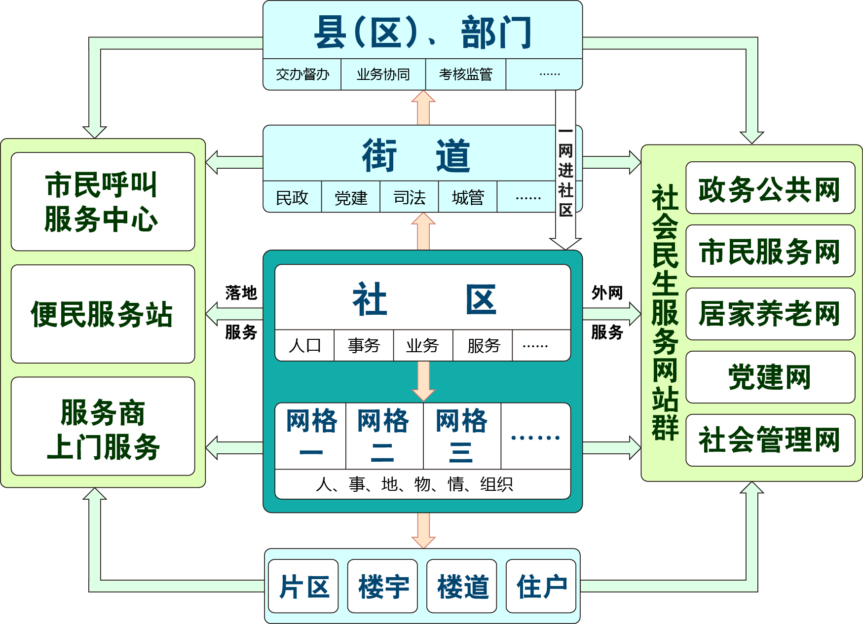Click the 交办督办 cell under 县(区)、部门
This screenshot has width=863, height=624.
tap(302, 74)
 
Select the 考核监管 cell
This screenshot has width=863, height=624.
tap(465, 74)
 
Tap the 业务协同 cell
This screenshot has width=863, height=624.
tap(383, 74)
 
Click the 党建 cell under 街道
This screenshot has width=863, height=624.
tap(351, 197)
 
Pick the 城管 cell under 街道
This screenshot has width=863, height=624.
tap(468, 197)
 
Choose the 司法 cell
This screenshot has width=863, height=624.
tap(409, 197)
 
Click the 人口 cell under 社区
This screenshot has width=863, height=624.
tap(304, 345)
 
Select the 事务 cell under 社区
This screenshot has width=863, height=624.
tap(364, 345)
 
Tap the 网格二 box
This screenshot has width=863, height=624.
tap(384, 436)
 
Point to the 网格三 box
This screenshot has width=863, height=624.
tap(462, 436)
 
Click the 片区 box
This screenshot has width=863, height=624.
tap(303, 587)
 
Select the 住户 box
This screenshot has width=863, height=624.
tap(541, 587)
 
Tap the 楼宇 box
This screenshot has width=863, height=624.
tap(382, 587)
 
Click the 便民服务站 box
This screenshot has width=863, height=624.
tap(103, 314)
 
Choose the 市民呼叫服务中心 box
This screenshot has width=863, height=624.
tap(103, 202)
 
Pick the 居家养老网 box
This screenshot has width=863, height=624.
tap(770, 314)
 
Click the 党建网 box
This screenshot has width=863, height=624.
tap(770, 377)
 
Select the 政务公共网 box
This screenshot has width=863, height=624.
tap(770, 188)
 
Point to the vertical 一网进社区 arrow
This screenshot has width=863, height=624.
tap(565, 170)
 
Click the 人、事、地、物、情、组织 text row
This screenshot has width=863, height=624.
tap(414, 484)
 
